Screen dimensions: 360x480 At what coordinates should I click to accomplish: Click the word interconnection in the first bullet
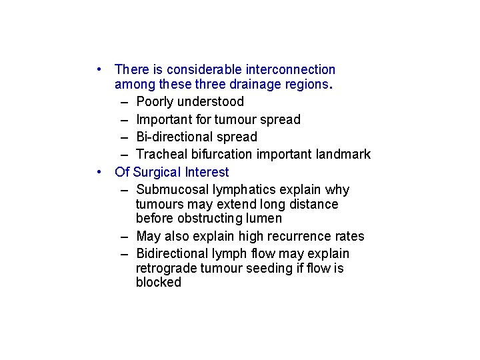pos(291,69)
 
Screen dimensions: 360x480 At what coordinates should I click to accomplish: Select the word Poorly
pos(154,102)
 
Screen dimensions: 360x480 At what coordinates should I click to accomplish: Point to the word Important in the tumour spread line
pos(163,120)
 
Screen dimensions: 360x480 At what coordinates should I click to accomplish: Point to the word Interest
pos(205,173)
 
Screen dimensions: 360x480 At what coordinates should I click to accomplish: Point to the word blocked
pos(158,283)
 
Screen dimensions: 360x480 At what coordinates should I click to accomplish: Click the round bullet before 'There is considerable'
pos(98,69)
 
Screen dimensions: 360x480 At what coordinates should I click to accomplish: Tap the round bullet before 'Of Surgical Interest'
pos(98,172)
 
